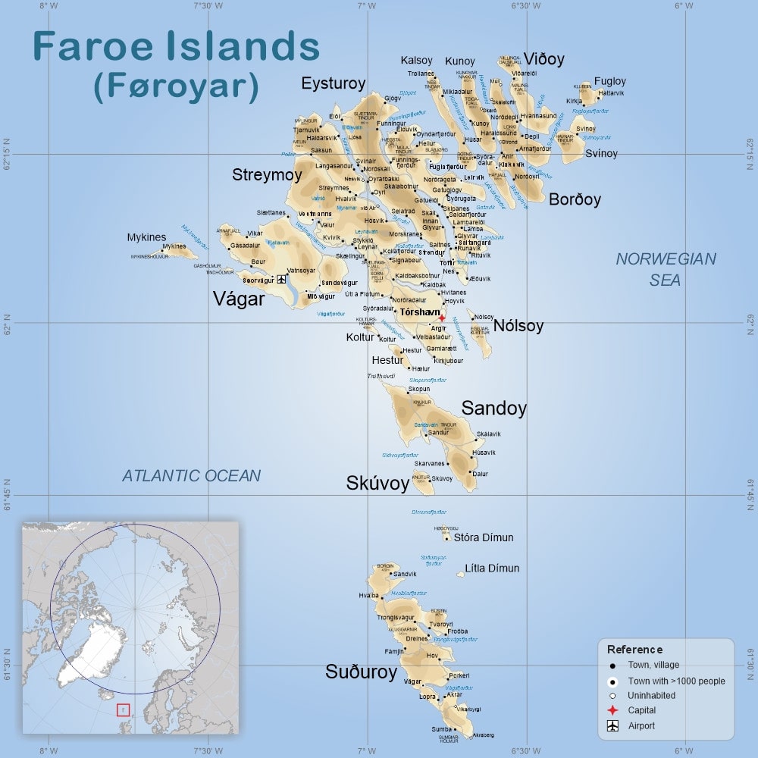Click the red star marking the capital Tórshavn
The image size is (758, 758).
click(x=442, y=318)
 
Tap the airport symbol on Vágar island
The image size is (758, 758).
click(x=282, y=280)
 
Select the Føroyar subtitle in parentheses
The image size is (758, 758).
click(x=176, y=86)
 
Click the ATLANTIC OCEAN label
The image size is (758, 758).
click(x=191, y=476)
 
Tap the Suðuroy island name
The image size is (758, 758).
click(x=361, y=672)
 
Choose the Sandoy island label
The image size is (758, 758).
click(x=493, y=408)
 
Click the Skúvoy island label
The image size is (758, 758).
click(x=377, y=483)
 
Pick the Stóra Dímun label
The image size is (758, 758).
click(x=483, y=537)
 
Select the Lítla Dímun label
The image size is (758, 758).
click(x=492, y=568)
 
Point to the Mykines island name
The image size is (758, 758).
click(x=146, y=237)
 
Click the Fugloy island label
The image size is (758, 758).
click(x=609, y=81)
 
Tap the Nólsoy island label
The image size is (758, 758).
click(x=518, y=326)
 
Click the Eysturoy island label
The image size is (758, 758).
click(x=334, y=83)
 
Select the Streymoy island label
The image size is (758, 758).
click(x=267, y=175)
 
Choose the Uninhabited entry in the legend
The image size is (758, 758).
click(x=651, y=695)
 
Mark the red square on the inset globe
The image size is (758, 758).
click(x=123, y=710)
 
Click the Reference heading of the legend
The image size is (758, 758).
click(x=634, y=650)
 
